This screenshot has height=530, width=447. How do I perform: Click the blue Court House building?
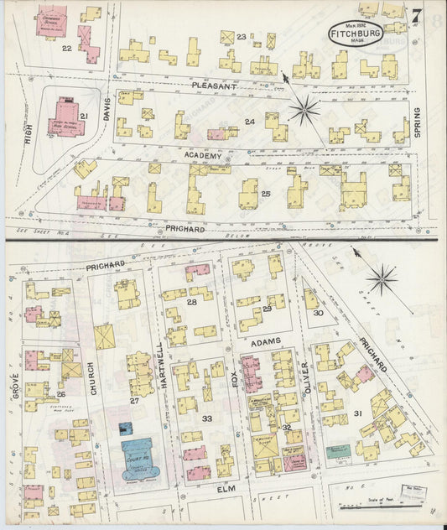click(x=138, y=456)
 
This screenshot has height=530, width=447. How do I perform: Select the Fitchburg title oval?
click(x=356, y=34)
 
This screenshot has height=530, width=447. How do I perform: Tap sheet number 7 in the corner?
click(x=416, y=14)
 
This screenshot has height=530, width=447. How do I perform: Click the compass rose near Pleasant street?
click(x=304, y=108)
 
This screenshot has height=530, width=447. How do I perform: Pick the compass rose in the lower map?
click(x=382, y=279)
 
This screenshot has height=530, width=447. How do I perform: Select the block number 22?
click(x=66, y=48)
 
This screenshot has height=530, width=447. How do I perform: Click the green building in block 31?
click(x=338, y=451)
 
